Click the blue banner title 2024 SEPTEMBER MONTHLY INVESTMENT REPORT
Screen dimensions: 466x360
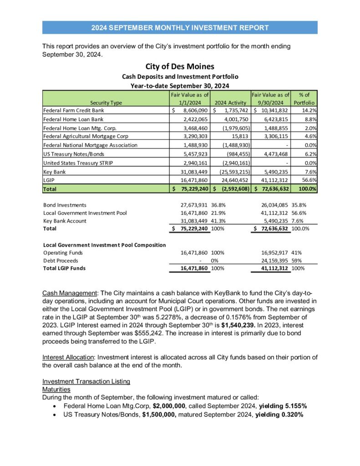coord(180,28)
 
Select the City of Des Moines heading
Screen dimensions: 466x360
coord(180,67)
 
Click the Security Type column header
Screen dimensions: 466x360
coord(106,103)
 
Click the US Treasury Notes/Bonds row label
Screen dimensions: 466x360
coord(71,154)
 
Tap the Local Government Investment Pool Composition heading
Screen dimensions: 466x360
coord(104,245)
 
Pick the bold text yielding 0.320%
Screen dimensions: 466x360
coord(279,415)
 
